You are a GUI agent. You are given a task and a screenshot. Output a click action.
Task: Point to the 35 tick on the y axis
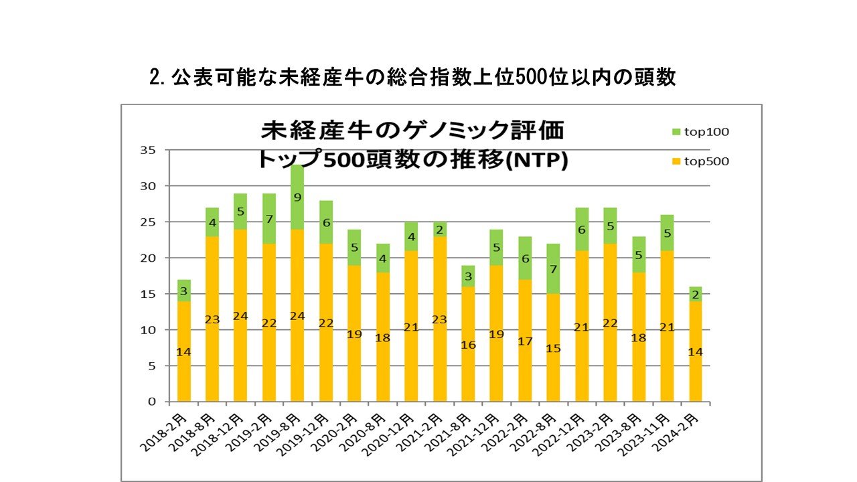click(148, 150)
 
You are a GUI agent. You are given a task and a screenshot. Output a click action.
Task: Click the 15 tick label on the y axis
click(148, 294)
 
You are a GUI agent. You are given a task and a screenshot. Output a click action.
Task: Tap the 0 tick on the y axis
click(151, 402)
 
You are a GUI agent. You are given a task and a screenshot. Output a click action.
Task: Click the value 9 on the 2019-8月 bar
click(297, 197)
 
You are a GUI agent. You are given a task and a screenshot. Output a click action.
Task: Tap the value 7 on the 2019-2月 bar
click(268, 220)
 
